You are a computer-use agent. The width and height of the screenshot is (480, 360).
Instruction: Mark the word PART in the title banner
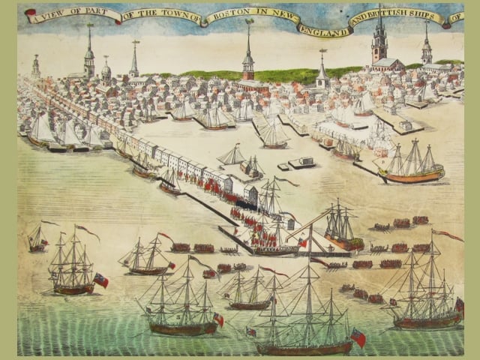coord(100,13)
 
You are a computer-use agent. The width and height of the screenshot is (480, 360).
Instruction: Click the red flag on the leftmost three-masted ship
coord(100,280)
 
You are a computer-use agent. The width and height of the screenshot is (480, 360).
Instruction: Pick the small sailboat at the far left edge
coord(36,238)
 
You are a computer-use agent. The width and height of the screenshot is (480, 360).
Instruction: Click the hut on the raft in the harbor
coord(302,161)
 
